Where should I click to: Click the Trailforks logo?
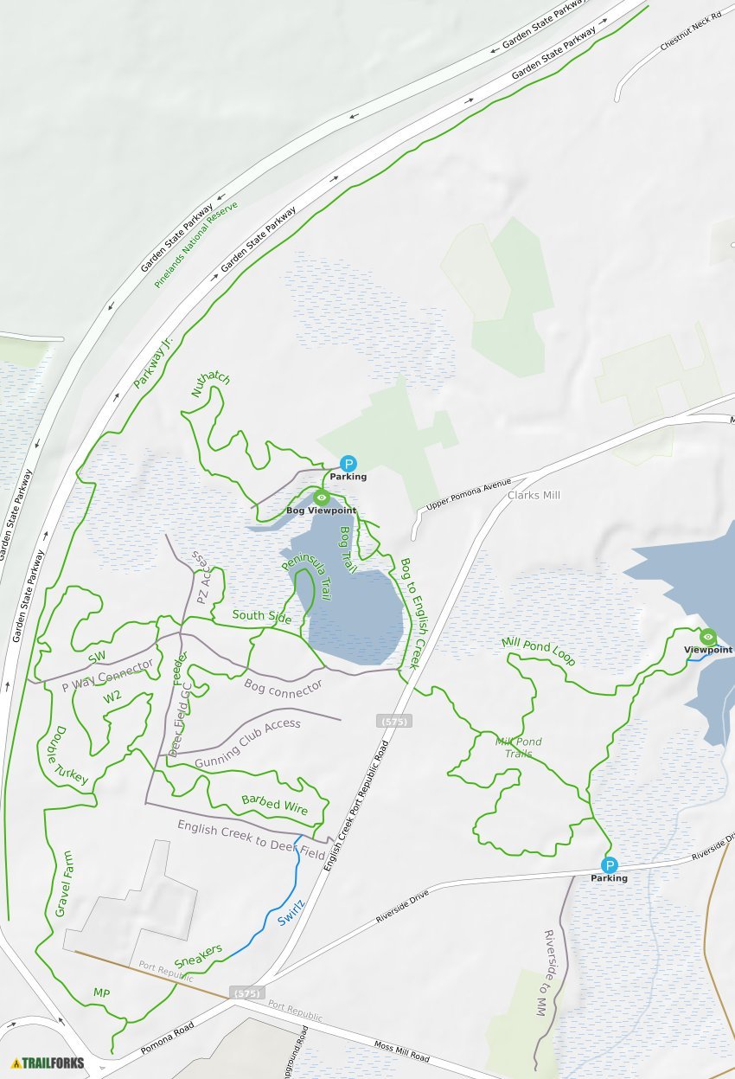pyautogui.click(x=48, y=1063)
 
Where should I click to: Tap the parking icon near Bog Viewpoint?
pyautogui.click(x=348, y=464)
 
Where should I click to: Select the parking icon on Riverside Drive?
pyautogui.click(x=610, y=865)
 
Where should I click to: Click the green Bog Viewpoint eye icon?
pyautogui.click(x=322, y=498)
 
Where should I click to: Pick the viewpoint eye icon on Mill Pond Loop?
pyautogui.click(x=708, y=637)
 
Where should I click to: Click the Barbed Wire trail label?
pyautogui.click(x=274, y=804)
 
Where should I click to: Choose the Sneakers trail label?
pyautogui.click(x=198, y=956)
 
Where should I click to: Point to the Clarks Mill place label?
pyautogui.click(x=534, y=495)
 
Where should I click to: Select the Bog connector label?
pyautogui.click(x=283, y=687)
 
